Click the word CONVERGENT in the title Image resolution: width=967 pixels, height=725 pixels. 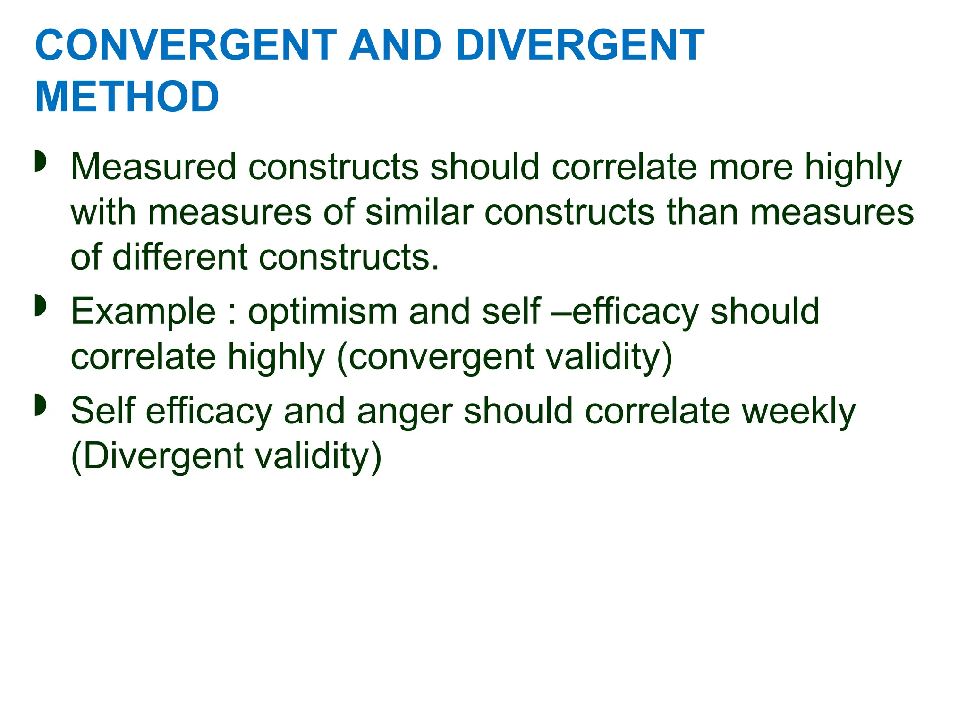[x=186, y=46]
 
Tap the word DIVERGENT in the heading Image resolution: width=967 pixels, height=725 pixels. [x=580, y=46]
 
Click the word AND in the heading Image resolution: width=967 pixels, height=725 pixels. [x=395, y=46]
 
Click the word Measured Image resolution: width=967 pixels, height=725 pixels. [x=153, y=167]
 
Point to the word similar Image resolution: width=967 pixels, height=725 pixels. [x=419, y=212]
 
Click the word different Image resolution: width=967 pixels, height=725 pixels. [x=180, y=257]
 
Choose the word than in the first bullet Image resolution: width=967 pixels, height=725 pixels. [x=702, y=212]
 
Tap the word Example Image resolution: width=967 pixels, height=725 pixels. [x=144, y=312]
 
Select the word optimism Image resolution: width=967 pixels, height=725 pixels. [x=322, y=312]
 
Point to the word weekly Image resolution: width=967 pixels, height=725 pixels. [x=798, y=411]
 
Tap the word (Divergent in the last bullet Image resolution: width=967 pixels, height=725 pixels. [x=157, y=456]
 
